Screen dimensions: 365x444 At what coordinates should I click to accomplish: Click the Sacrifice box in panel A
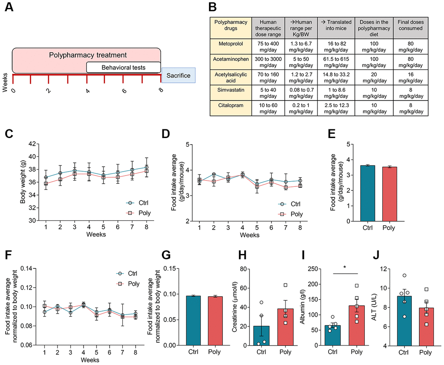point(178,75)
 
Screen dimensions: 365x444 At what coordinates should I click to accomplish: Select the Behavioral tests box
point(124,68)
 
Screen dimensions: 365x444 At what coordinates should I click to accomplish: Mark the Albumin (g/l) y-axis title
point(314,307)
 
